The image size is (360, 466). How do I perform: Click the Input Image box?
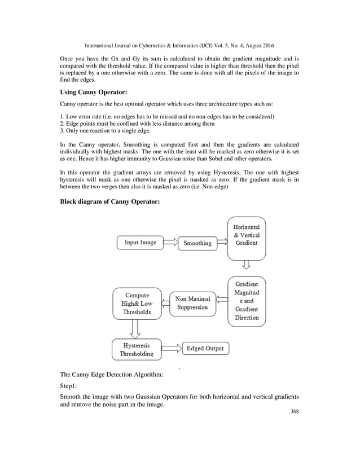pos(141,243)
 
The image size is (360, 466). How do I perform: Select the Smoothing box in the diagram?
pos(197,243)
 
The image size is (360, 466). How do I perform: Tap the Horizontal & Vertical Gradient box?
pos(245,235)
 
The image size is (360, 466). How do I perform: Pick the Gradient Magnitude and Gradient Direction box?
pos(247,301)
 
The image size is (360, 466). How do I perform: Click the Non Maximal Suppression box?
pos(192,303)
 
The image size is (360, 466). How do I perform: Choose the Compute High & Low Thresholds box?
pos(138,304)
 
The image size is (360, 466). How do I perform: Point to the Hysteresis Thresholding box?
pos(136,349)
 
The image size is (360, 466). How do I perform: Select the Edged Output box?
pos(205,348)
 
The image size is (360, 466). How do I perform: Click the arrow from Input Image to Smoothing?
pos(169,243)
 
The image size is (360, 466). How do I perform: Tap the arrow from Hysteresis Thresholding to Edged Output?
pos(172,348)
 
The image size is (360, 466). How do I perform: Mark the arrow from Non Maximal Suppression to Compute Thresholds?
pos(165,303)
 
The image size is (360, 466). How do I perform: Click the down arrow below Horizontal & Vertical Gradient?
pos(246,266)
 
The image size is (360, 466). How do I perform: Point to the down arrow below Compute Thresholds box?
pos(135,328)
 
